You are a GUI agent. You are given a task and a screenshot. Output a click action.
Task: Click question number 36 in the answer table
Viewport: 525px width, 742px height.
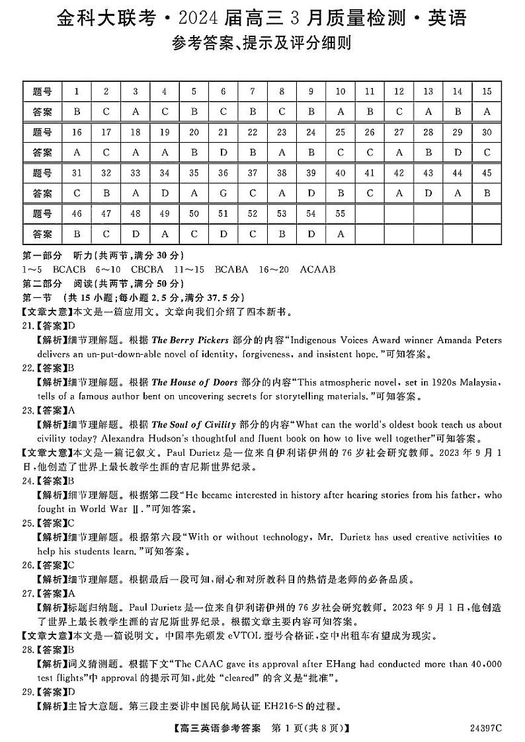pos(223,174)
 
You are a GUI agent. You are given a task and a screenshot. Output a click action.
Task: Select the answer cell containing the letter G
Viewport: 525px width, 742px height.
pos(223,194)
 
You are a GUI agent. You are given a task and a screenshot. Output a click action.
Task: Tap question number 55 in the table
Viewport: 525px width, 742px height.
pos(341,214)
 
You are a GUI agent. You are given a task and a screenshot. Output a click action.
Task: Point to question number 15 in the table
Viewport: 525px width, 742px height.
pos(487,92)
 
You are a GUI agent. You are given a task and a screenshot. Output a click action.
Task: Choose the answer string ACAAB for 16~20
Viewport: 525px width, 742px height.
pos(317,270)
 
